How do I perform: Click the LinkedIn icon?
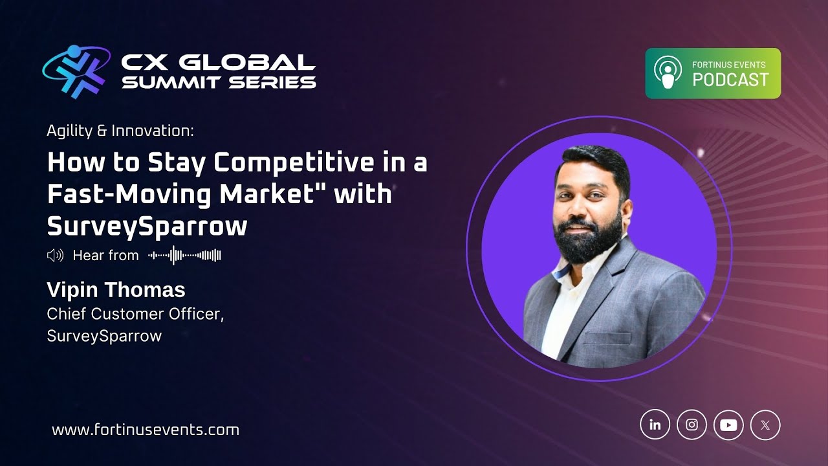click(655, 425)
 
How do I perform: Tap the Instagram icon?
click(692, 425)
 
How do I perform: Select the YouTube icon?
click(728, 425)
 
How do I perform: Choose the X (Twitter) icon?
click(765, 425)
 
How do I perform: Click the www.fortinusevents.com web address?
click(146, 430)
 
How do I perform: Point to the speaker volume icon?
click(55, 256)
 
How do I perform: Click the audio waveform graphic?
click(185, 256)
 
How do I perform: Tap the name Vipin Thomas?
click(116, 289)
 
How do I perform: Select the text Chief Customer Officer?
click(135, 314)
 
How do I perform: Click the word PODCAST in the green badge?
click(730, 80)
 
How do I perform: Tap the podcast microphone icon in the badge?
click(668, 72)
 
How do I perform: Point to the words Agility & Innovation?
click(120, 131)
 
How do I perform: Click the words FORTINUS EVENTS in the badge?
click(728, 65)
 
